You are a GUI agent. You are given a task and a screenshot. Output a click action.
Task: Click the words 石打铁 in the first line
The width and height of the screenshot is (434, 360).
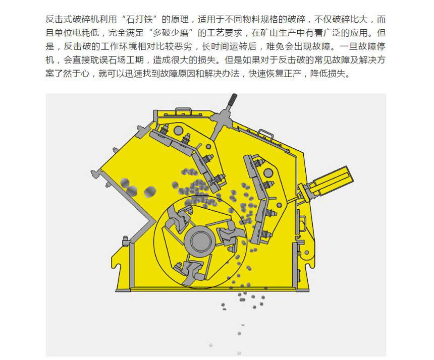(x=139, y=19)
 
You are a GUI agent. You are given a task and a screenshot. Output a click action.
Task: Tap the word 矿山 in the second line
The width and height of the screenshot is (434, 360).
(x=269, y=33)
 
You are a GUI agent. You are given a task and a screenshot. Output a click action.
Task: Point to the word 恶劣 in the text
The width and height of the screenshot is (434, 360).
(x=183, y=46)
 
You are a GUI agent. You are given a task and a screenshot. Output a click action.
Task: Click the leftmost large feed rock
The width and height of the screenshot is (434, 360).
(x=125, y=183)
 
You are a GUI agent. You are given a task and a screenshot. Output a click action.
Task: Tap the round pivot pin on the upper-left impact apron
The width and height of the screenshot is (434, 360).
(x=179, y=130)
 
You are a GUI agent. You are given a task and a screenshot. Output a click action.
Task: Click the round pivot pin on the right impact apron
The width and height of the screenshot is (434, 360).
(x=268, y=173)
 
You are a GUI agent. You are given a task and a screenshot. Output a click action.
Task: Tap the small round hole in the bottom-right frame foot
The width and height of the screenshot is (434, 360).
(x=306, y=253)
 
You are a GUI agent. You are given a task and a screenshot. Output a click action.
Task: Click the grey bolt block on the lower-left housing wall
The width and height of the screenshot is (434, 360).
(x=125, y=241)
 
